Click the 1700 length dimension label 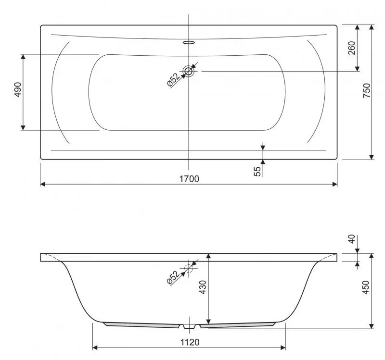pyautogui.click(x=189, y=179)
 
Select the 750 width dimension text pyautogui.click(x=366, y=91)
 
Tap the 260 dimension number pyautogui.click(x=351, y=48)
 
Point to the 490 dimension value pyautogui.click(x=18, y=90)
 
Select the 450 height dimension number pyautogui.click(x=366, y=287)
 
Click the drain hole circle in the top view pyautogui.click(x=189, y=71)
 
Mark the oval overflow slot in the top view pyautogui.click(x=189, y=42)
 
